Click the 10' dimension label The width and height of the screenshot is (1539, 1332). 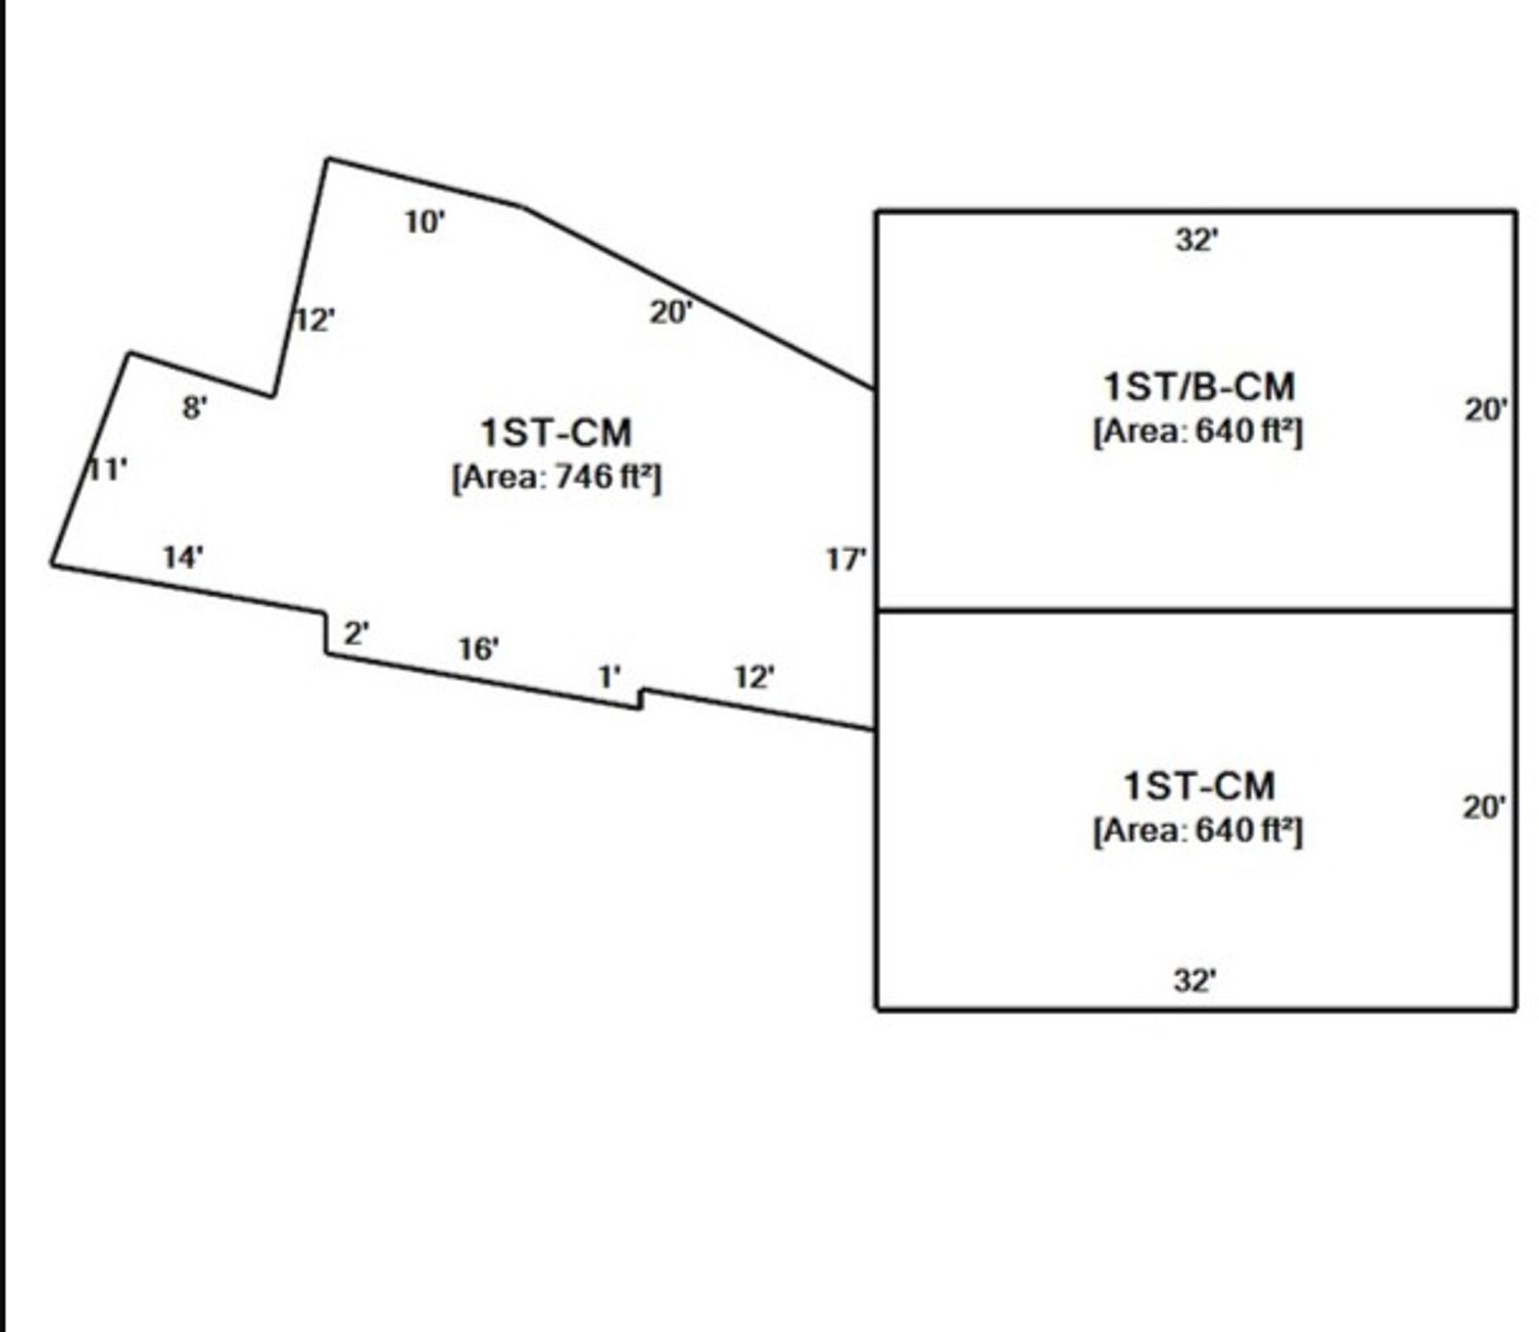[424, 222]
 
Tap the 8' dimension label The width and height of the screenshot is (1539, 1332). [194, 408]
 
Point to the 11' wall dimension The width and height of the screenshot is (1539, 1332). [108, 470]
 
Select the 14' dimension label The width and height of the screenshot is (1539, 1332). [183, 557]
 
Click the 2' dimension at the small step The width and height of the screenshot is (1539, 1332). [356, 634]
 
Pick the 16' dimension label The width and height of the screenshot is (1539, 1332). [478, 649]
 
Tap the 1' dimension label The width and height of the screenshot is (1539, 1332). [609, 677]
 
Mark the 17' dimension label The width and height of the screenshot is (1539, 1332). [845, 559]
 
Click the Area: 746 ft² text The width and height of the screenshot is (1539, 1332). [557, 477]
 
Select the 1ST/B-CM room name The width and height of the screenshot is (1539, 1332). [1198, 387]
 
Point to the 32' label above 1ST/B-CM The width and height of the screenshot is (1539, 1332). [1196, 239]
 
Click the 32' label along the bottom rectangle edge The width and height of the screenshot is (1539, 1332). [1195, 980]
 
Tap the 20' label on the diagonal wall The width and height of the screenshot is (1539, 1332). [670, 312]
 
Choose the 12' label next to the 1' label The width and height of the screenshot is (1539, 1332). [754, 677]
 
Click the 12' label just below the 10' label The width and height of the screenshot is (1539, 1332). [315, 319]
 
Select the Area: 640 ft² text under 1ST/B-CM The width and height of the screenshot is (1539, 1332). [1198, 431]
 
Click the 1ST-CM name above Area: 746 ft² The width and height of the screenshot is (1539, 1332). [556, 433]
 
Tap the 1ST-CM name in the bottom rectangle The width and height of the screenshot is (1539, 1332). [1198, 786]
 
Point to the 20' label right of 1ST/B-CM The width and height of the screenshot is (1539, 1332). [1486, 410]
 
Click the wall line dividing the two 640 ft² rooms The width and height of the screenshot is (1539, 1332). [1196, 610]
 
